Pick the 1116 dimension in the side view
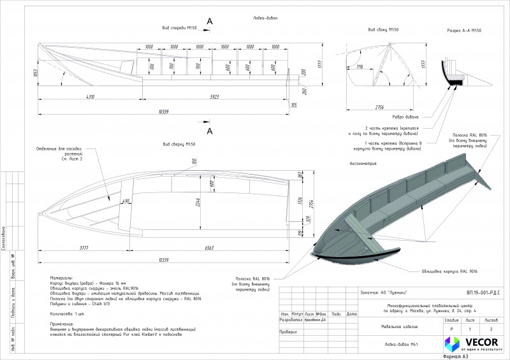[360, 66]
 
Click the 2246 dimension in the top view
[198, 203]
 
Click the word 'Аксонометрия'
[363, 164]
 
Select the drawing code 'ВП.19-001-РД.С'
[483, 292]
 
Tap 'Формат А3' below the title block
[454, 356]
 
